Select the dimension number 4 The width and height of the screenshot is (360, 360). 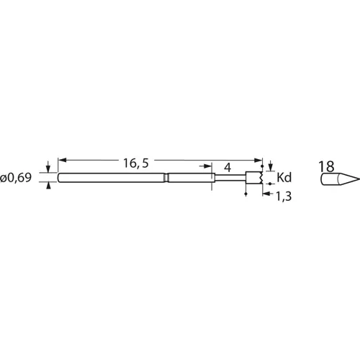pos(228,167)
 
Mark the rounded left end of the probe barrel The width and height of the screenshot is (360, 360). pos(58,178)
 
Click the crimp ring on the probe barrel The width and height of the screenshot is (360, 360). pos(166,178)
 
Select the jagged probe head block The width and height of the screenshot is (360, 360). pos(253,178)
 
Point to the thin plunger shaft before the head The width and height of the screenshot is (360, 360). pos(230,178)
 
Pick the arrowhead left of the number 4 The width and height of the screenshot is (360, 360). pos(216,173)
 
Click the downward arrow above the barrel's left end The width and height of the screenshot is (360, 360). pos(48,168)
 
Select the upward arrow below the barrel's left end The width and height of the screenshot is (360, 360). pos(48,187)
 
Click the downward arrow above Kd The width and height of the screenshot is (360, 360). pos(271,168)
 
